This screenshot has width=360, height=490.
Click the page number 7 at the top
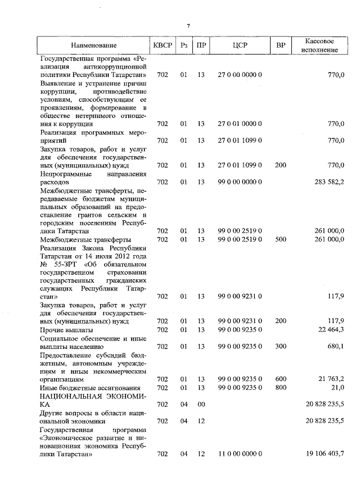point(188,26)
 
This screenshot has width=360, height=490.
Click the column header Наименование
point(94,45)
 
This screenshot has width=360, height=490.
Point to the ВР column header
point(281,45)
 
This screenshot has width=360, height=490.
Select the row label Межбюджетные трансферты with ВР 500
point(82,239)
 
